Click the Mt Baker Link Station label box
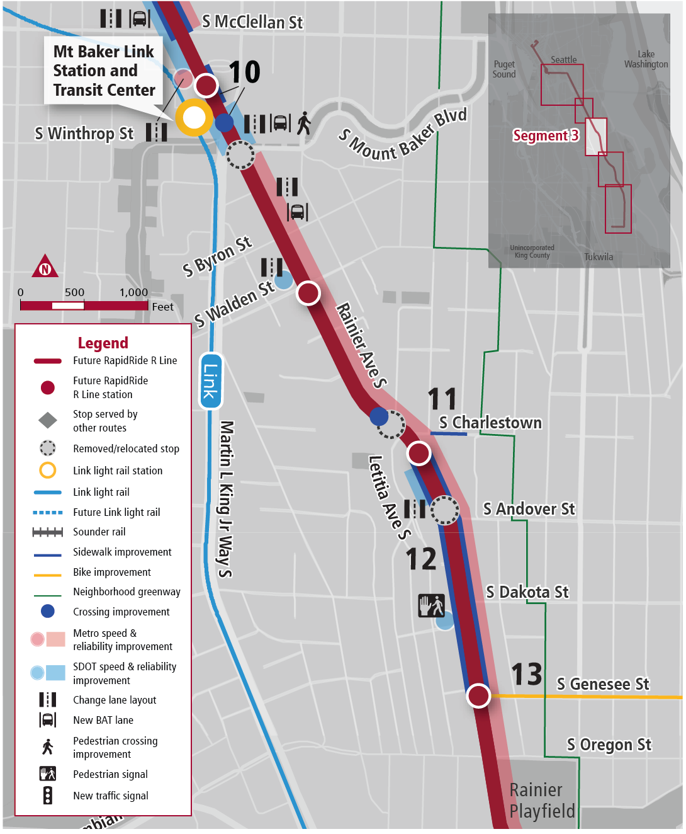tap(104, 71)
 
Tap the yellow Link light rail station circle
tap(194, 117)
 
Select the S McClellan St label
tap(252, 22)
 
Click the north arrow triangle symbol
tap(45, 267)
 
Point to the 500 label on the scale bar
tap(74, 292)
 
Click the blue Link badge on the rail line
tap(210, 381)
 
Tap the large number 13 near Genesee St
tap(526, 674)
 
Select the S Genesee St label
tap(602, 684)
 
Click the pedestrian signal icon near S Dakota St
tap(432, 606)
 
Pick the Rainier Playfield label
tap(542, 800)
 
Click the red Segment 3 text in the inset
tap(545, 135)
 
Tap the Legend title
tap(103, 343)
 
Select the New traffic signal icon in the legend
tap(48, 796)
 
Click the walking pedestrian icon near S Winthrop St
tap(304, 123)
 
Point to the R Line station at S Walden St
tap(308, 293)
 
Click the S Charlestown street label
tap(490, 423)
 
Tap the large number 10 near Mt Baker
tap(244, 72)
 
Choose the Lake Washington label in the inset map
tap(646, 59)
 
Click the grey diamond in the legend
tap(48, 420)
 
